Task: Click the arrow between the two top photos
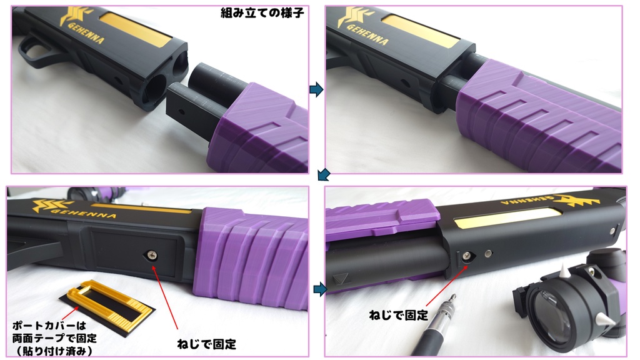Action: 316,89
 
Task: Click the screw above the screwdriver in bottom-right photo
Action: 466,256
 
